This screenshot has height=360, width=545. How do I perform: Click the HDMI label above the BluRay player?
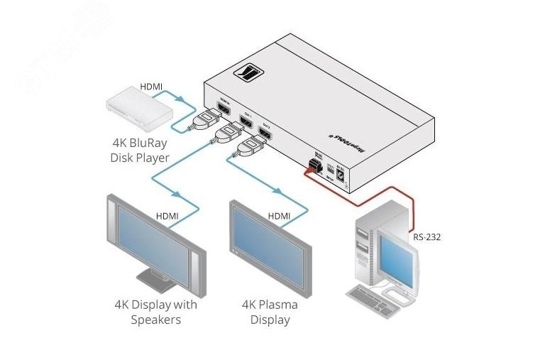click(151, 87)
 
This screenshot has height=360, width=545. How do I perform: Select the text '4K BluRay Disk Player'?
click(139, 151)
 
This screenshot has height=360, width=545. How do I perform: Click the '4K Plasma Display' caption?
click(270, 312)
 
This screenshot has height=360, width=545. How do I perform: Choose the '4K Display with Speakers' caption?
click(155, 312)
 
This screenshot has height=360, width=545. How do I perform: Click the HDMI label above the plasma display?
click(279, 216)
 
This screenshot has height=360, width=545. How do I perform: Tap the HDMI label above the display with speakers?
click(167, 216)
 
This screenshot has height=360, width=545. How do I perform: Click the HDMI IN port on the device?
click(224, 109)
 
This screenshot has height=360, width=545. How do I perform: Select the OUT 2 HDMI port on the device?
click(265, 131)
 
